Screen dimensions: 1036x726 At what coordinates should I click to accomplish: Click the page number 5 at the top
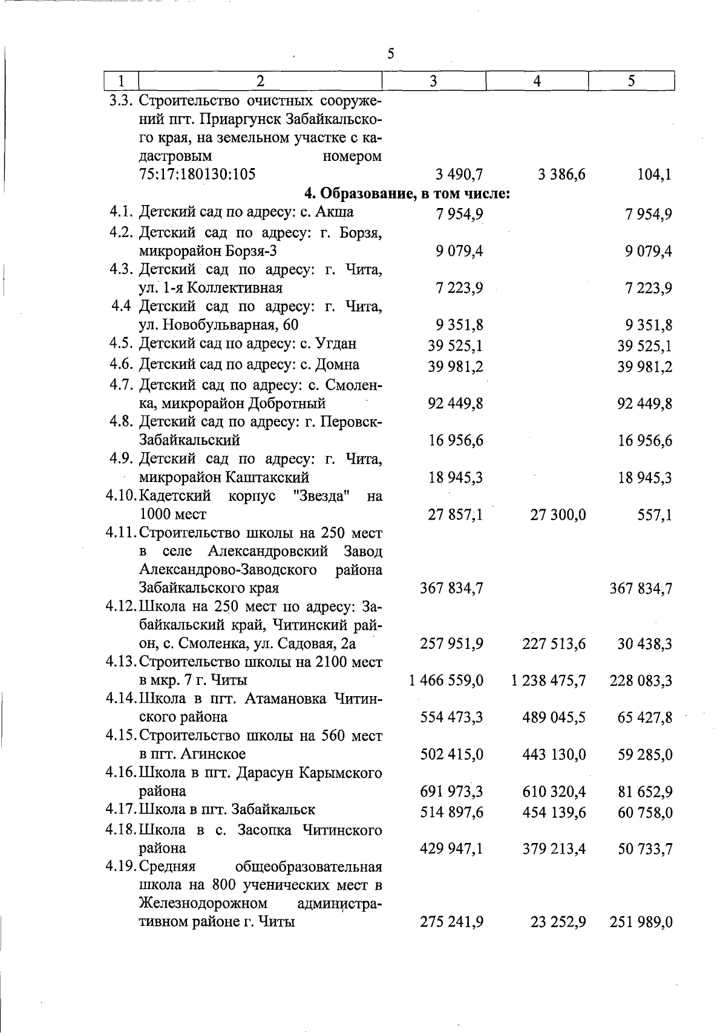[391, 54]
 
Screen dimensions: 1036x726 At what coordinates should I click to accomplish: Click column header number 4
[537, 81]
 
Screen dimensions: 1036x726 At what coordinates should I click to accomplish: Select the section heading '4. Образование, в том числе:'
[407, 194]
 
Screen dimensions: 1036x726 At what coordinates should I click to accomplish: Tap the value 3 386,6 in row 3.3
[561, 175]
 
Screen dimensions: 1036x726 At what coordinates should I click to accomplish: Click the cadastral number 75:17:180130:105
[197, 175]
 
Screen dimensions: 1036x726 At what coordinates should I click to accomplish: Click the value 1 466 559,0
[446, 681]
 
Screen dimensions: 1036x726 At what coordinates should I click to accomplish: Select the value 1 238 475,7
[548, 681]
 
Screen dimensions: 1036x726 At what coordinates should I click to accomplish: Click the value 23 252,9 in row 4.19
[558, 923]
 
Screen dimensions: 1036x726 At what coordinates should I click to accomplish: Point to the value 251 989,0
[641, 923]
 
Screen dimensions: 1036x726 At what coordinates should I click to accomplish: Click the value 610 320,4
[554, 792]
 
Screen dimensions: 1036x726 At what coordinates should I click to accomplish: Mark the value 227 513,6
[554, 644]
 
